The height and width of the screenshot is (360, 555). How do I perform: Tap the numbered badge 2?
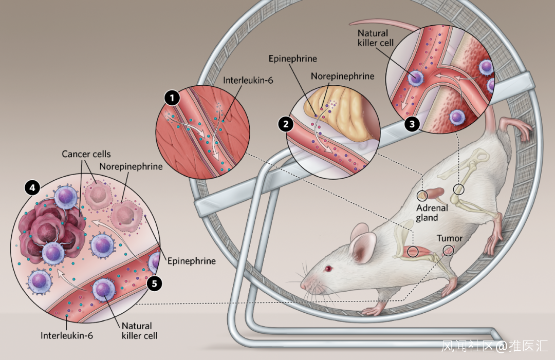(285, 123)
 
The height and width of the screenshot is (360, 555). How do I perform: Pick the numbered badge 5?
(153, 283)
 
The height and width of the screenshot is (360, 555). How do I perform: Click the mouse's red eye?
(327, 269)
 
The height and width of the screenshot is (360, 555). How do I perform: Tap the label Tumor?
(450, 238)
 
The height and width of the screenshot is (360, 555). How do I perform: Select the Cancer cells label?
(86, 154)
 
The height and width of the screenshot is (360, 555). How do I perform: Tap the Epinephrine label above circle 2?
(293, 59)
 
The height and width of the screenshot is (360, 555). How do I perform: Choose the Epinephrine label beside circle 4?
(192, 261)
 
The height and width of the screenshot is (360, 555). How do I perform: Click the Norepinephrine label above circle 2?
(342, 76)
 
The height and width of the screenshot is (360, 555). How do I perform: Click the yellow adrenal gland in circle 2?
(339, 116)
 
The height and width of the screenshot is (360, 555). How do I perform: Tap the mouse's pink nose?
(303, 287)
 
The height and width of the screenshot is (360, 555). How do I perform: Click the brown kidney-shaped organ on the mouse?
(437, 194)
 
